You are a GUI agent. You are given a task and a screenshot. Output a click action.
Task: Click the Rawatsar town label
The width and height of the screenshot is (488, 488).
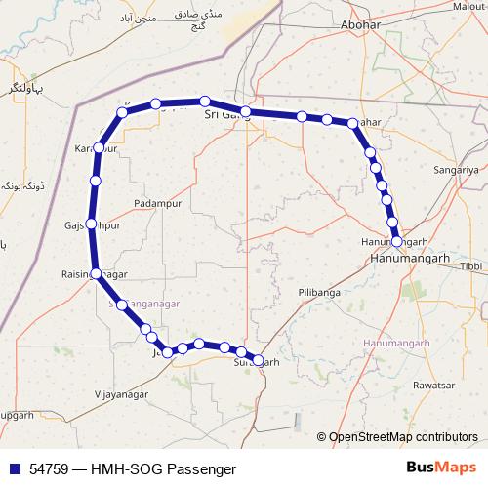pyautogui.click(x=436, y=385)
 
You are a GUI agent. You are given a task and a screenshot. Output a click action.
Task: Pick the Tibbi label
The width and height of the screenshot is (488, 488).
pyautogui.click(x=470, y=265)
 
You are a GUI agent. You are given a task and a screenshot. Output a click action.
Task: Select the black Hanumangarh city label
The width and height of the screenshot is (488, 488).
pyautogui.click(x=413, y=259)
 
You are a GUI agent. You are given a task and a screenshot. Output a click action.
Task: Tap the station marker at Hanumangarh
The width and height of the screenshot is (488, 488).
pyautogui.click(x=397, y=240)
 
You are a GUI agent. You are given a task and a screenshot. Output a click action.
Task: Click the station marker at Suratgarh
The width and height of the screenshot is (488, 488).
pyautogui.click(x=258, y=359)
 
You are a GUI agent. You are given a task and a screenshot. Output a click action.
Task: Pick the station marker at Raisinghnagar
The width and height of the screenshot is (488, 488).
pyautogui.click(x=96, y=274)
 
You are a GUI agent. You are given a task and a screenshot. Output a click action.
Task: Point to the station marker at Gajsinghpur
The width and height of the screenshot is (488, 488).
pyautogui.click(x=92, y=224)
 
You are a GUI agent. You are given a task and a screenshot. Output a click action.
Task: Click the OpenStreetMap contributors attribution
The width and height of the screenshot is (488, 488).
pyautogui.click(x=402, y=437)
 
